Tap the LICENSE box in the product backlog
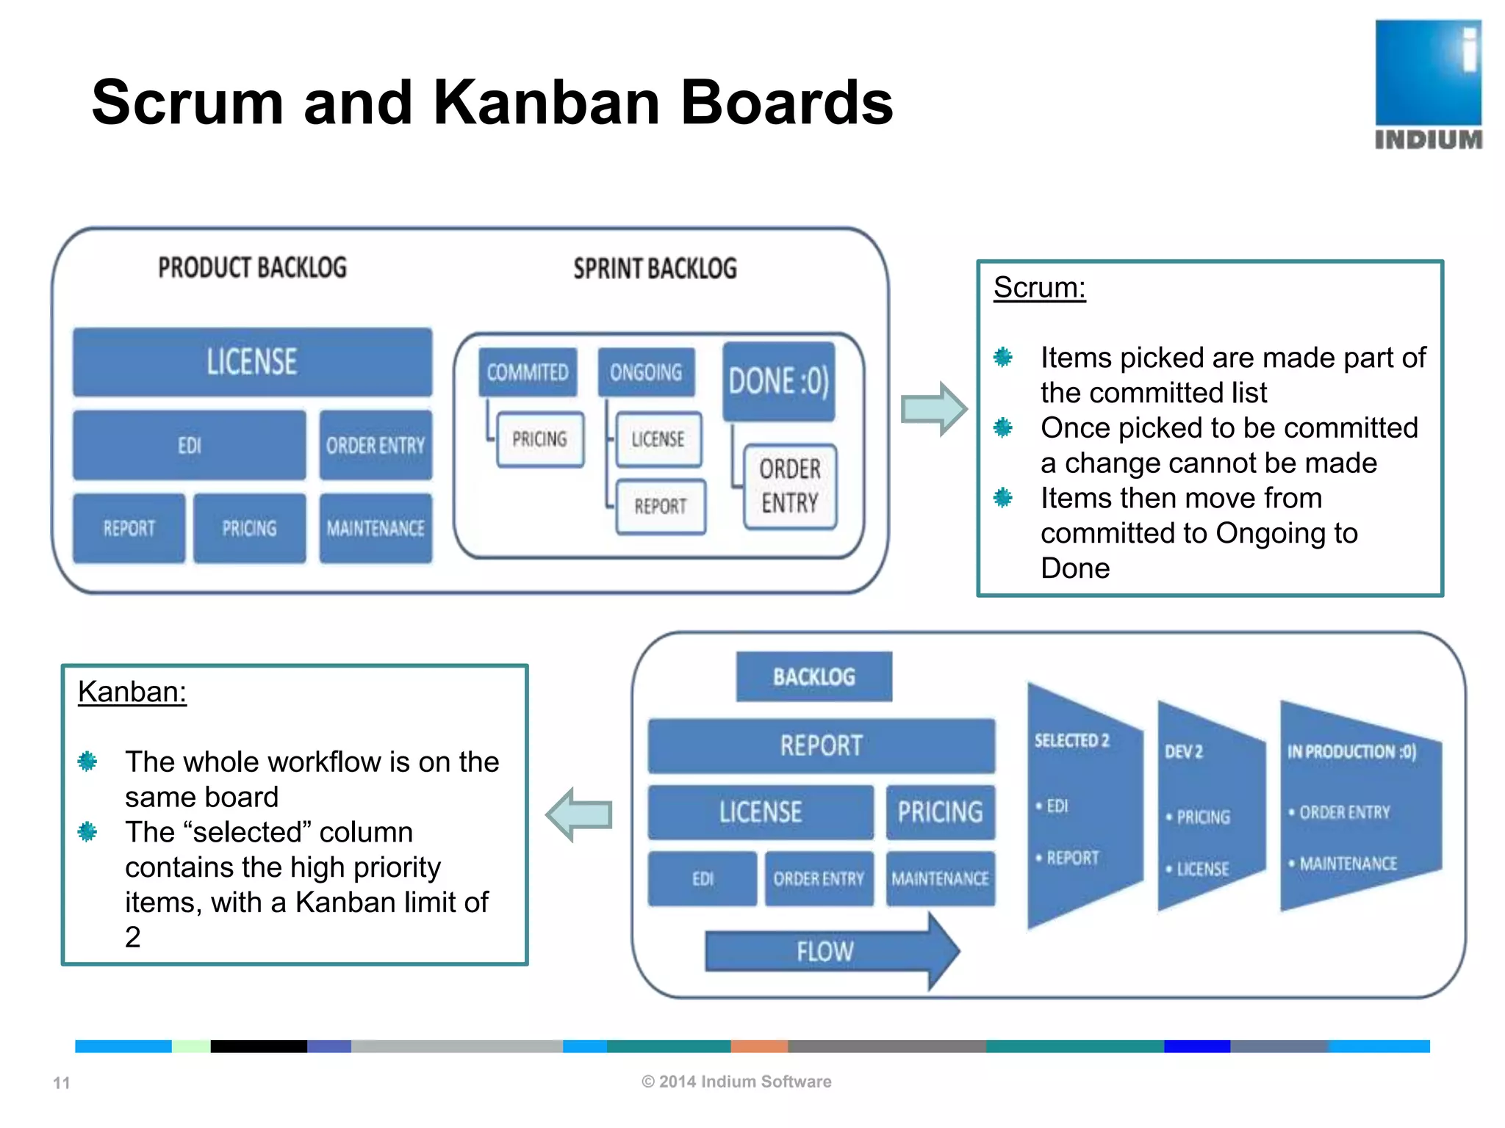(x=252, y=362)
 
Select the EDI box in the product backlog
(x=189, y=445)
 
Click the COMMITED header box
(x=528, y=372)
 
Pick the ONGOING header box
(x=646, y=372)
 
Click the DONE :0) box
(x=779, y=381)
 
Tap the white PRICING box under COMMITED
(x=540, y=439)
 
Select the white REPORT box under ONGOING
(x=660, y=506)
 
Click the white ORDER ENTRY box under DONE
(x=790, y=486)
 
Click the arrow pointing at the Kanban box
(x=580, y=814)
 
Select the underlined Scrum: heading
(x=1039, y=287)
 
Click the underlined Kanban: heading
(x=132, y=692)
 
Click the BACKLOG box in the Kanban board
(x=814, y=676)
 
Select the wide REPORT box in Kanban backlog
(x=821, y=745)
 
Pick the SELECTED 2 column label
(x=1071, y=740)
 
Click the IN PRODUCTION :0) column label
(x=1351, y=751)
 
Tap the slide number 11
(x=62, y=1082)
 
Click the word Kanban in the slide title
(x=546, y=103)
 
